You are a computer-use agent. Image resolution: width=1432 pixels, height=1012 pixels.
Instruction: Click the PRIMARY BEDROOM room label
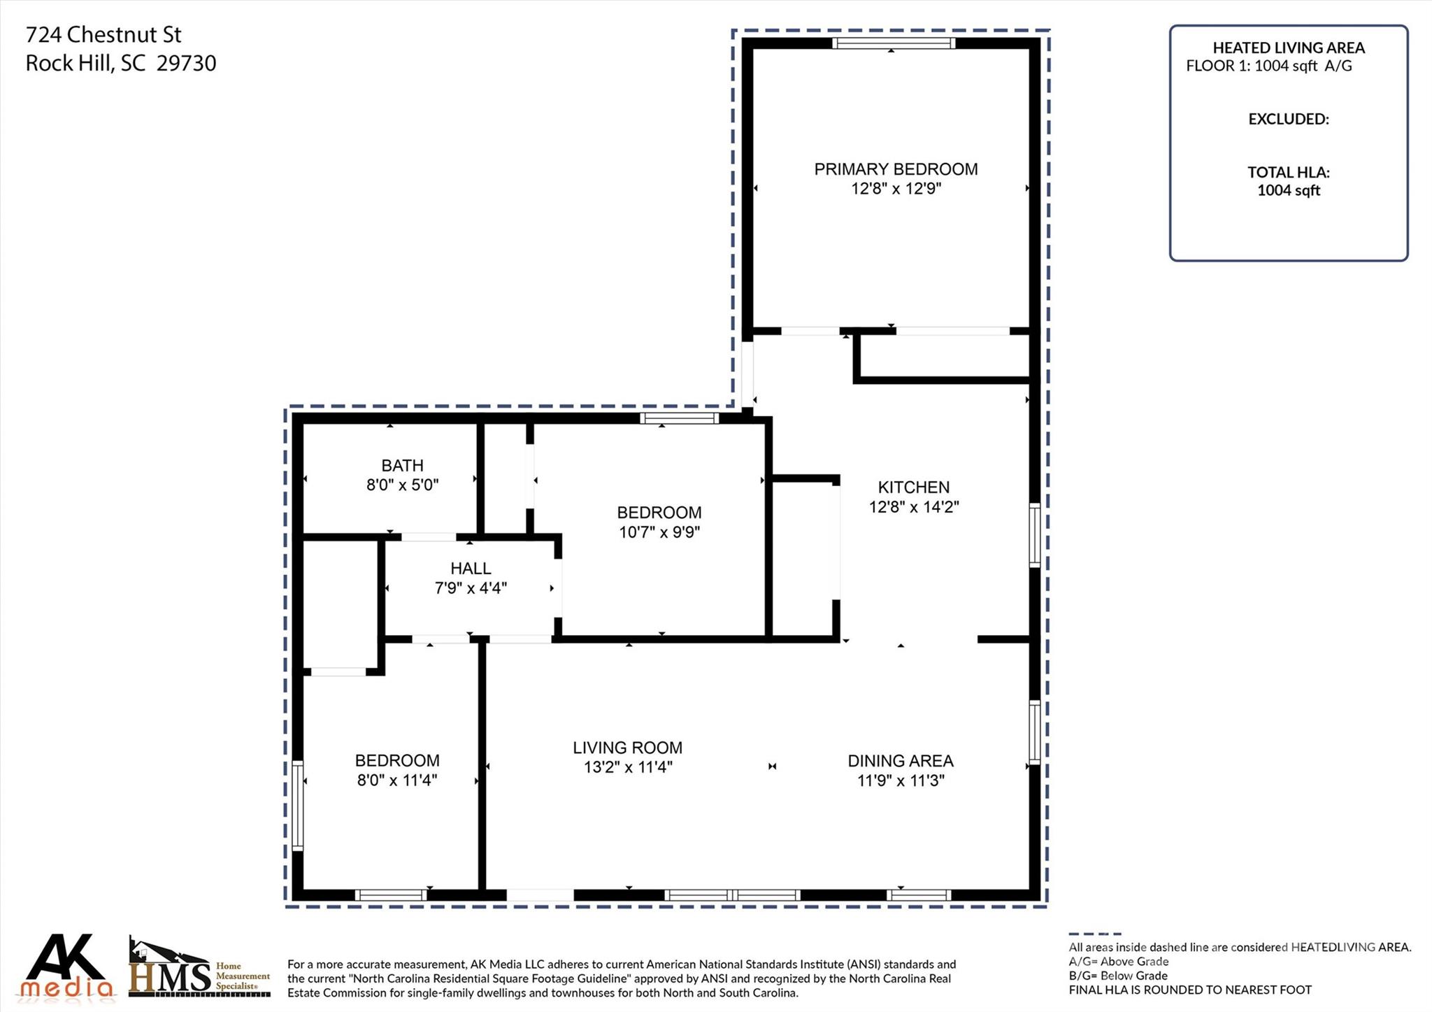(x=896, y=169)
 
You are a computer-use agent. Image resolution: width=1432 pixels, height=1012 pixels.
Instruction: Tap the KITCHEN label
(x=914, y=487)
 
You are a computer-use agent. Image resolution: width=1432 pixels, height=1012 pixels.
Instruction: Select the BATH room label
(x=402, y=466)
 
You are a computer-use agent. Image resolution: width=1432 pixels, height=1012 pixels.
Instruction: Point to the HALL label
(x=471, y=569)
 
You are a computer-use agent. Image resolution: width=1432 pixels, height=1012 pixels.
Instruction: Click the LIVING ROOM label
(x=627, y=748)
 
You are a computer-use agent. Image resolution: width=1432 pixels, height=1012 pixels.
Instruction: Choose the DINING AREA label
(x=901, y=761)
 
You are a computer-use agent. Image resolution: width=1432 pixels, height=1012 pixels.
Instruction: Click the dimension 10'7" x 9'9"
(x=659, y=532)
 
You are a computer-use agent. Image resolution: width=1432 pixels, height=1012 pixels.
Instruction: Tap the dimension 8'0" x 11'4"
(x=397, y=780)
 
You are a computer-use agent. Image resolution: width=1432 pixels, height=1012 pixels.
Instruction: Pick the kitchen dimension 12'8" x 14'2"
(x=914, y=507)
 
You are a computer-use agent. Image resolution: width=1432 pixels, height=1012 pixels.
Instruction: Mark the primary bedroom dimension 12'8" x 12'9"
(x=896, y=189)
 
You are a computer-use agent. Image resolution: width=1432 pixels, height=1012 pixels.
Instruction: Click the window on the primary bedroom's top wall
(x=894, y=43)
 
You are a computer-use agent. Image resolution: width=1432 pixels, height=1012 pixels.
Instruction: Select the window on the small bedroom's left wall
(x=298, y=805)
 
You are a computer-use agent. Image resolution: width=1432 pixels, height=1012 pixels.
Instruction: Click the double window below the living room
(x=732, y=895)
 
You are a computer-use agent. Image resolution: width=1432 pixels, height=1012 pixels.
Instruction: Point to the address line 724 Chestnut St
(x=103, y=34)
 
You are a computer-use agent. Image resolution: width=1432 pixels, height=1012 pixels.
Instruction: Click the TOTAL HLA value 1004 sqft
(x=1289, y=190)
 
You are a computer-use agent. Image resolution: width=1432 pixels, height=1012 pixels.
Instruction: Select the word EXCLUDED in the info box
(x=1289, y=119)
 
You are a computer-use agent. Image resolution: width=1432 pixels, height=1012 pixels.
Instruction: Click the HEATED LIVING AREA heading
(x=1289, y=48)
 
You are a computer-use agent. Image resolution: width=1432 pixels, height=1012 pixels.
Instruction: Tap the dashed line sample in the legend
(x=1095, y=934)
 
